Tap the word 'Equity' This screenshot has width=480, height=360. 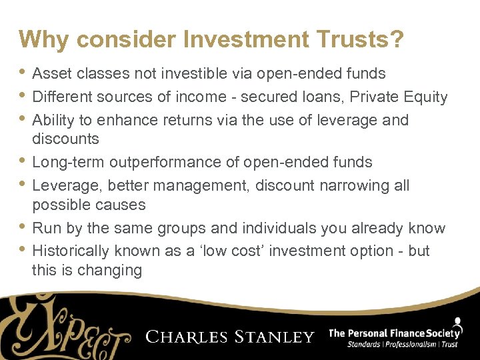coord(426,97)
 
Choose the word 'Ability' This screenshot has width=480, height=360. coord(53,120)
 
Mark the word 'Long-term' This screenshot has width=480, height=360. coord(68,162)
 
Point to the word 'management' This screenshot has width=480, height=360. coord(214,185)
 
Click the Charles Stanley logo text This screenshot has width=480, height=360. coord(230,337)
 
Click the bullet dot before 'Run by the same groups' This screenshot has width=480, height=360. coord(24,228)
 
